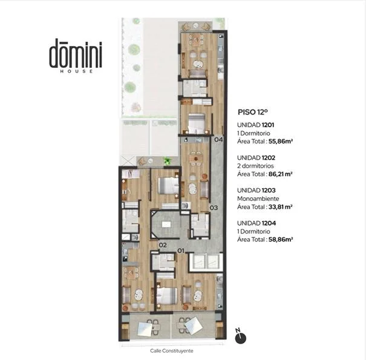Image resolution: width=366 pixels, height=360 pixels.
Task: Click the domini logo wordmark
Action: [76, 53]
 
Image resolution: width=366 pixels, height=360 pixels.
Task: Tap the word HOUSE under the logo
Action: [76, 71]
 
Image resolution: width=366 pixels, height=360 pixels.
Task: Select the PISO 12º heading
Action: [252, 112]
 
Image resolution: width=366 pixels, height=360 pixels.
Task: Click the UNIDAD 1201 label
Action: [255, 125]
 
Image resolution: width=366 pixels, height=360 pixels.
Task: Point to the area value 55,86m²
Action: [281, 141]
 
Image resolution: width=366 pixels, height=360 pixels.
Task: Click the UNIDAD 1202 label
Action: [256, 158]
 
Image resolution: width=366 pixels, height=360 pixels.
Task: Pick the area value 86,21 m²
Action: [281, 174]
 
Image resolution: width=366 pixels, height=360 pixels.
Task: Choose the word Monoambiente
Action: [258, 198]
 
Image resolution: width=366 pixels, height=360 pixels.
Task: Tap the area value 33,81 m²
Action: [281, 207]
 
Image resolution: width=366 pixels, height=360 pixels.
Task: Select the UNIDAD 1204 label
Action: [257, 223]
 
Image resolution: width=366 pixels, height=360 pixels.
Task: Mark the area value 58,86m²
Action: [281, 240]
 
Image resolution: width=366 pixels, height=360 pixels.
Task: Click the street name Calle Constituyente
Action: [172, 351]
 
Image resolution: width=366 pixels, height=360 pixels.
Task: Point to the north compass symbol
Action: [240, 336]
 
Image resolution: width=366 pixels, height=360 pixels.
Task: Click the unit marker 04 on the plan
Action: [218, 140]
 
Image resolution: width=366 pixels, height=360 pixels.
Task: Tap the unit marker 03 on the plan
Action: [214, 208]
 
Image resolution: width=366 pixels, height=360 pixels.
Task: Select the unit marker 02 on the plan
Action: [163, 245]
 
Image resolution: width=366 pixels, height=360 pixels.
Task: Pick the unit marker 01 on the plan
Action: [181, 250]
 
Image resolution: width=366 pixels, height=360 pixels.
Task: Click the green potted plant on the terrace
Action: [167, 161]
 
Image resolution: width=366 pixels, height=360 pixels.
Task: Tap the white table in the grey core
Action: [166, 224]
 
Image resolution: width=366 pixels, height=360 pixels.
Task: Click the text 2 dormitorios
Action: [255, 166]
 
